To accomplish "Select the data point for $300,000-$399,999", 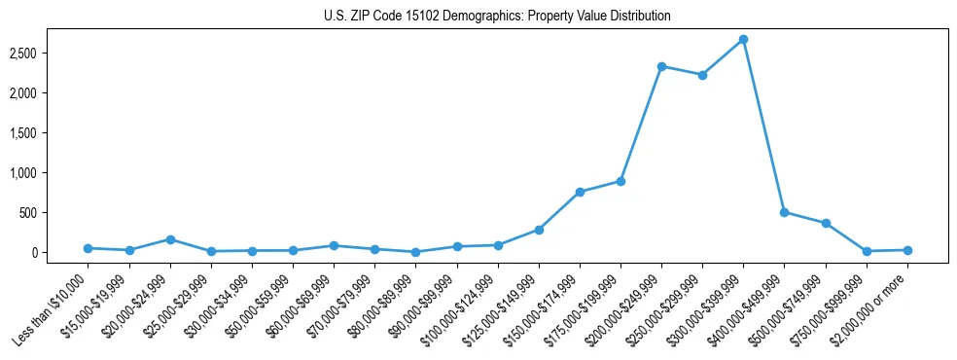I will [743, 40].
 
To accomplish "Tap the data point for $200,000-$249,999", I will [661, 66].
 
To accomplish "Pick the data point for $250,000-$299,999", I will [702, 75].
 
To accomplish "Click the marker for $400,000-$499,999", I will [784, 212].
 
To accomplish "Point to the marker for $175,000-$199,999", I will [620, 181].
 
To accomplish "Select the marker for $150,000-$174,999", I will [580, 192].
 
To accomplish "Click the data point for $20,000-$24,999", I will [170, 239].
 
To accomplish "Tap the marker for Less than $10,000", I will [89, 248].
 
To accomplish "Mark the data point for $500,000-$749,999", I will [826, 223].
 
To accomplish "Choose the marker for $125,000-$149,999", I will [539, 230].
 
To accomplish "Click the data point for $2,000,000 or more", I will [907, 250].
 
